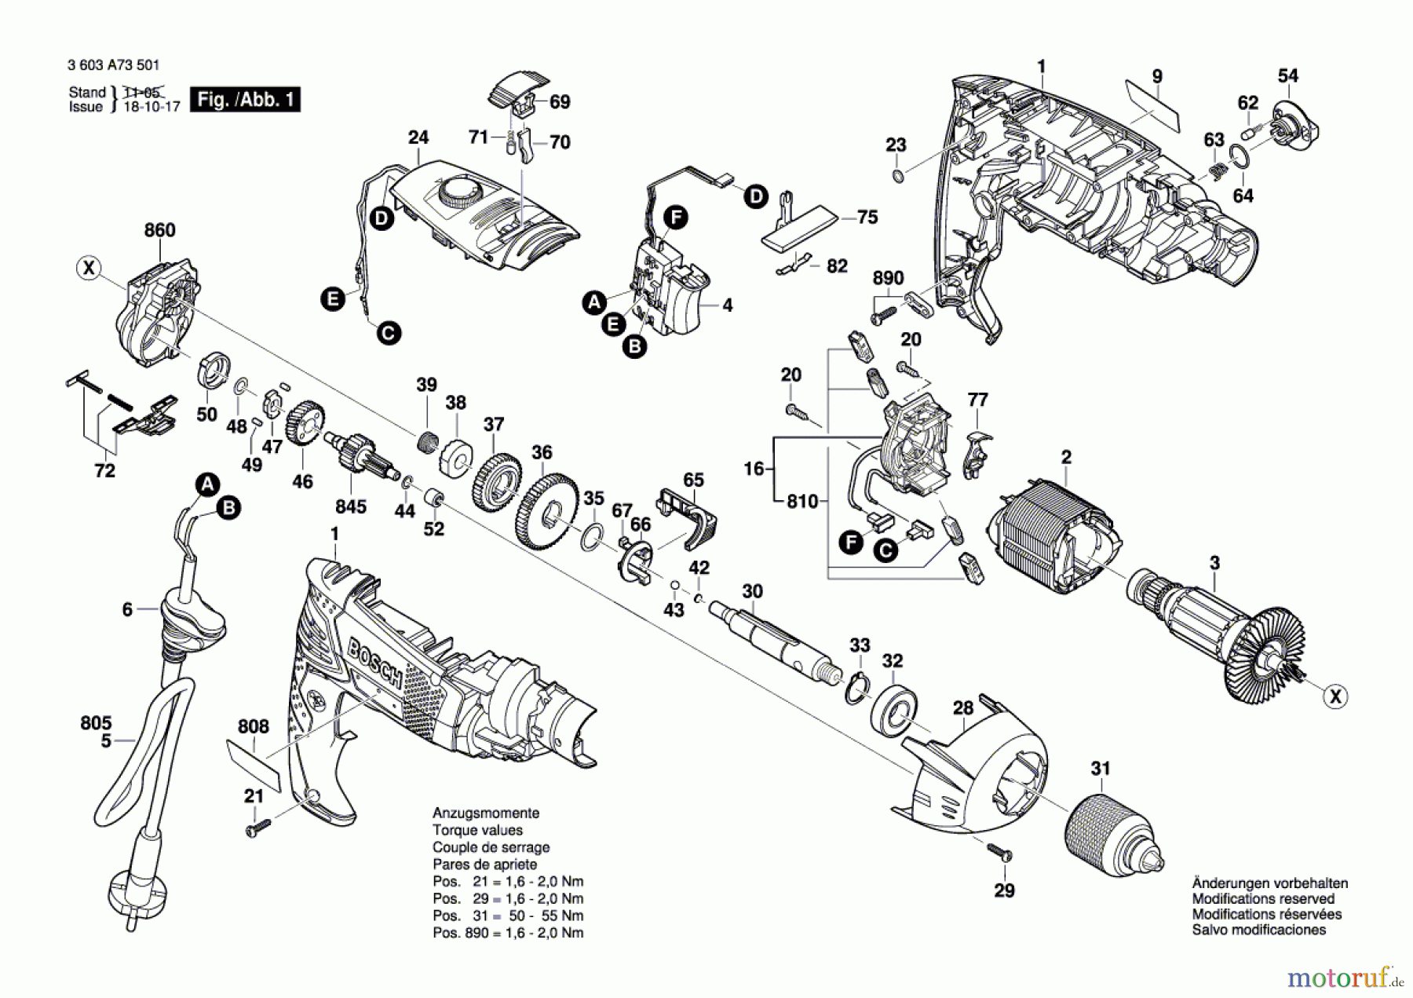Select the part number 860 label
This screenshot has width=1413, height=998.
[159, 230]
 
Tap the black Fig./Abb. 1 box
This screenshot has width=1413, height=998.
[246, 100]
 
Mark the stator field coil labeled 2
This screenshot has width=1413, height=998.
[1053, 538]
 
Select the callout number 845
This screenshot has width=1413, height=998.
[350, 506]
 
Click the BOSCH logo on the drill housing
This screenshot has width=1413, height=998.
[375, 662]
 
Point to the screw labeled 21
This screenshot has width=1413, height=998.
[257, 827]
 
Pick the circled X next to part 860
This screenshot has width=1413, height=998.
[89, 269]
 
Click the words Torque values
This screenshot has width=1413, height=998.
[477, 830]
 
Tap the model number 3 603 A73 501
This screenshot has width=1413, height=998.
[114, 65]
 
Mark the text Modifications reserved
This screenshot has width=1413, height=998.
[1263, 898]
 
